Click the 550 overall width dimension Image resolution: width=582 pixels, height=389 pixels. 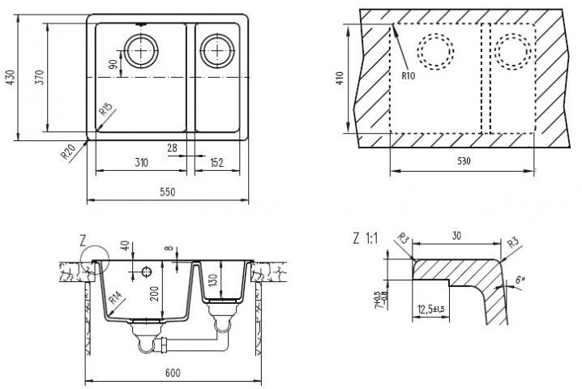click(x=166, y=193)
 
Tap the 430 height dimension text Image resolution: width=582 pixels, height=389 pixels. click(x=11, y=77)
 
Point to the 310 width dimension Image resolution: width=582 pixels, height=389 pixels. click(x=140, y=162)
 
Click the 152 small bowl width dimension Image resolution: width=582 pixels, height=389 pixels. click(x=216, y=162)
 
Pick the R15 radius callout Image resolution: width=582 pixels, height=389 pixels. click(x=105, y=111)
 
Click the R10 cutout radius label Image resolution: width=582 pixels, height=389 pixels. click(x=408, y=77)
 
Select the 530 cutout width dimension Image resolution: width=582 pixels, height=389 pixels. click(x=463, y=161)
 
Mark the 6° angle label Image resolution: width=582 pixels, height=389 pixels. click(x=520, y=282)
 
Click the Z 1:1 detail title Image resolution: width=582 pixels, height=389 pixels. click(x=366, y=238)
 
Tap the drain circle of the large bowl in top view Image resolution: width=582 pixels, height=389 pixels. click(x=143, y=50)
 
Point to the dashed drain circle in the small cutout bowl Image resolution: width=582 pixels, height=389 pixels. click(x=512, y=53)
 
